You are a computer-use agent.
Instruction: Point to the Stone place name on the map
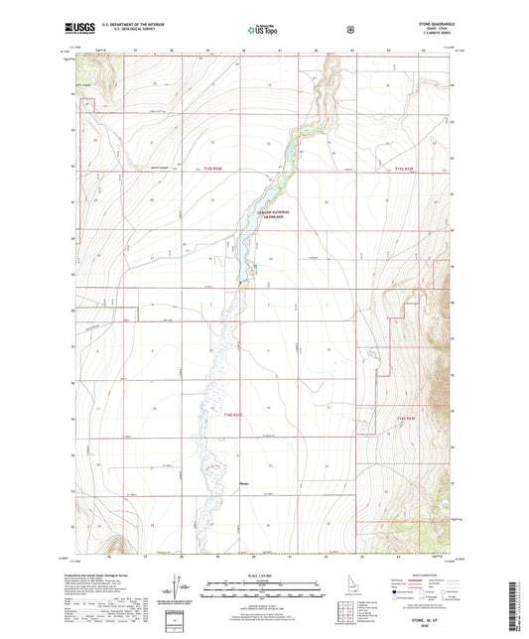[244, 485]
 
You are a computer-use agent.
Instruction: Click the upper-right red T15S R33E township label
[410, 170]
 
